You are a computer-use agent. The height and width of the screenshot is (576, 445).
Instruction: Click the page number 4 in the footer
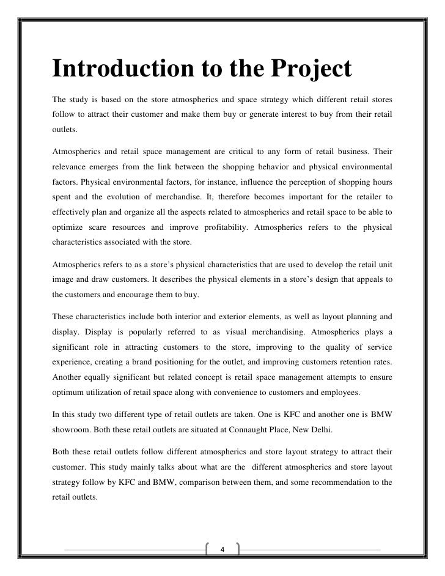point(222,548)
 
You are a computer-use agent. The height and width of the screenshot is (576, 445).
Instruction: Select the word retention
point(351,361)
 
